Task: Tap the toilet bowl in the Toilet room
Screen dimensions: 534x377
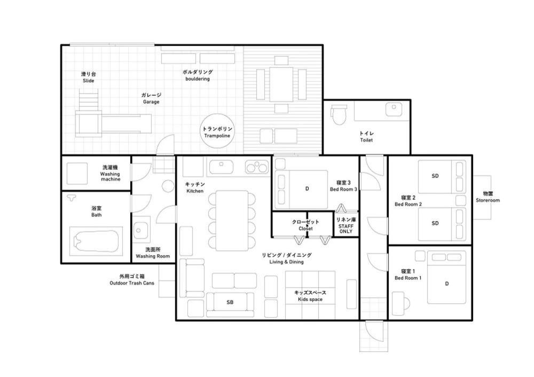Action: [339, 114]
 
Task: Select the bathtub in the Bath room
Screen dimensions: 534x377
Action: [96, 241]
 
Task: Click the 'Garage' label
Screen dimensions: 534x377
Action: [151, 102]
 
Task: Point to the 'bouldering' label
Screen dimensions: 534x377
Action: [198, 78]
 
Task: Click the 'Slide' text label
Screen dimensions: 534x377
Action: [89, 81]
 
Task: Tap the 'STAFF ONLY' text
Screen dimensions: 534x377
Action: [345, 229]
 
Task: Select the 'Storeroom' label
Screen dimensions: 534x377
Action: [488, 200]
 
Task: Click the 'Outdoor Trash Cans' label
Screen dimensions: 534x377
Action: [132, 283]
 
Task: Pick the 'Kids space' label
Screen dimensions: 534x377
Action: [310, 300]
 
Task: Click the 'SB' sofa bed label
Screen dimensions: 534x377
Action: [230, 302]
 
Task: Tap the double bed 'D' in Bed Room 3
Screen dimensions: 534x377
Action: [301, 189]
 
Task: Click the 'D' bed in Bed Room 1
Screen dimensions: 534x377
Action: [446, 278]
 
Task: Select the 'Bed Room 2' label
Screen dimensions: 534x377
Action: [408, 205]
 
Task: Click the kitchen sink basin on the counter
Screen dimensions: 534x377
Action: [222, 167]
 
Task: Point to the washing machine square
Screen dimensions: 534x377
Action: [77, 174]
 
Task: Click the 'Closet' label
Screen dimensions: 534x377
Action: [305, 229]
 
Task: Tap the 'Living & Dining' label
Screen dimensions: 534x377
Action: [286, 262]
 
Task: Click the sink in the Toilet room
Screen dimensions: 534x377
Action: [394, 109]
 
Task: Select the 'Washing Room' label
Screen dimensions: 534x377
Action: [153, 256]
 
